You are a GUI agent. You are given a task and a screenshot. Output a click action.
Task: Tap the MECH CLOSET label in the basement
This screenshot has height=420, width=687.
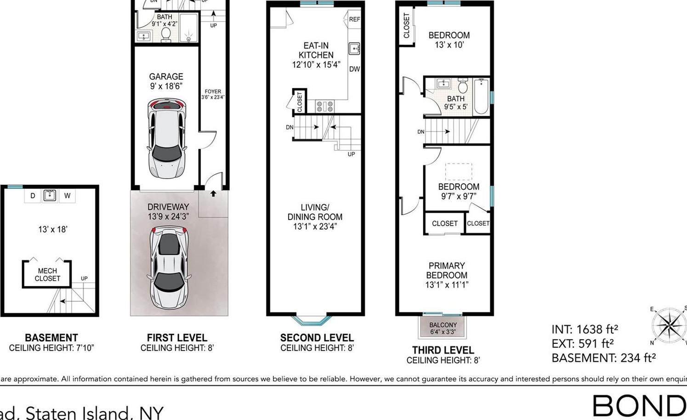47,274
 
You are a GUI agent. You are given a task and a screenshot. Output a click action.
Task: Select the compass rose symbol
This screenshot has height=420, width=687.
670,325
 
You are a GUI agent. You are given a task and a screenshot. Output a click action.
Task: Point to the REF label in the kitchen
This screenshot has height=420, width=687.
354,19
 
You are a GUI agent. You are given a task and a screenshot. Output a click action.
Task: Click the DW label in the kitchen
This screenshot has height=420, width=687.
354,69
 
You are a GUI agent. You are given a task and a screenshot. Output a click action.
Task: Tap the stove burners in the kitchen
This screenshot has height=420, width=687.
324,106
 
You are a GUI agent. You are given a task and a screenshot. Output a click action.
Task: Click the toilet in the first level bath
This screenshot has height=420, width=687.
166,35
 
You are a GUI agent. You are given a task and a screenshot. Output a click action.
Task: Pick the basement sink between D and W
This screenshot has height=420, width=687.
50,195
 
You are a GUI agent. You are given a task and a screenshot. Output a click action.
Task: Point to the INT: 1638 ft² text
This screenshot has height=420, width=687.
585,329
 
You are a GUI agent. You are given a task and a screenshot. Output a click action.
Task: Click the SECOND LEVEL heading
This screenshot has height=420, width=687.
317,338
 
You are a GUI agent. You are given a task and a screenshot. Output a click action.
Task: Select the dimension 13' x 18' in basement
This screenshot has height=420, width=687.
53,229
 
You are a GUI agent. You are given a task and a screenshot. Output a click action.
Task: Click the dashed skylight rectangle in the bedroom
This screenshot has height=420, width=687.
458,171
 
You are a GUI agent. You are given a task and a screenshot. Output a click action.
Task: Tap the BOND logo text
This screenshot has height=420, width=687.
639,406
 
